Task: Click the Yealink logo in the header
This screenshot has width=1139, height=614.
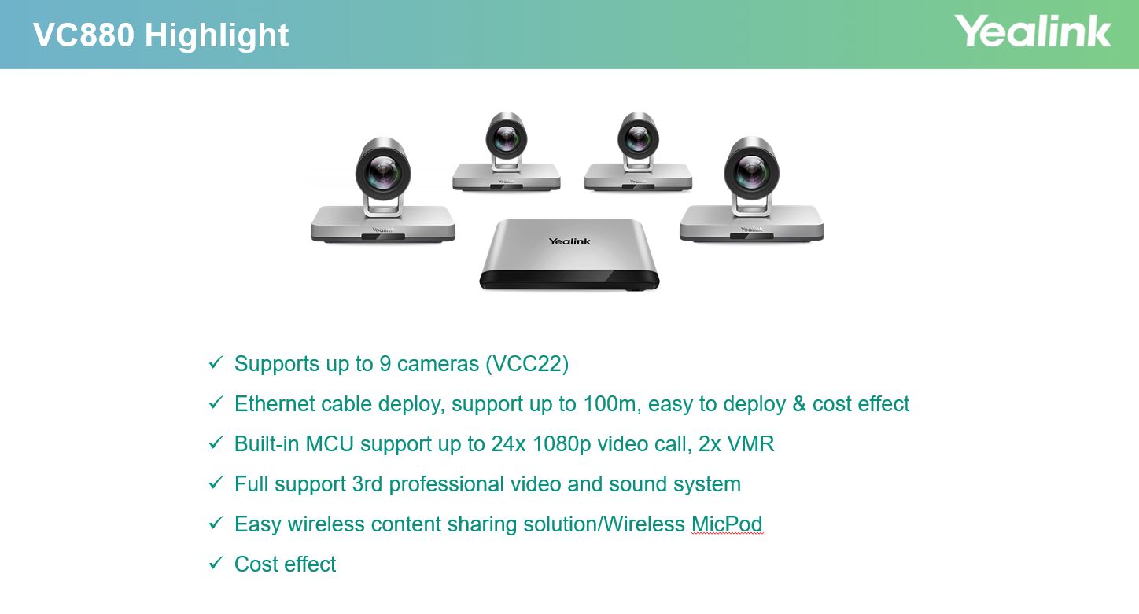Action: tap(1032, 31)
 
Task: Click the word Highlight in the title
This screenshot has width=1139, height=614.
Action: tap(216, 35)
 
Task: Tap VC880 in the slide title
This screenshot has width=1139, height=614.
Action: tap(83, 35)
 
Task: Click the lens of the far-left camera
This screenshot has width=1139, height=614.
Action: tap(383, 172)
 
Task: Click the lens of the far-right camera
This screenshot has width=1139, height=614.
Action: tap(751, 171)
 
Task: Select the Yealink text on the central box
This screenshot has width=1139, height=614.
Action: tap(569, 241)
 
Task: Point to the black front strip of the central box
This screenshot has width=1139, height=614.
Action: tap(569, 280)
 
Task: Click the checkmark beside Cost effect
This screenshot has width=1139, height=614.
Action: tap(216, 563)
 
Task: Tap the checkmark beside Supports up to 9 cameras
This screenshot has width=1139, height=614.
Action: tap(216, 362)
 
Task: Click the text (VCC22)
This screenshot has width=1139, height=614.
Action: tap(527, 364)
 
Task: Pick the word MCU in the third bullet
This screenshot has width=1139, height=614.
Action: tap(330, 443)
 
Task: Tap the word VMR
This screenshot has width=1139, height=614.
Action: tap(751, 443)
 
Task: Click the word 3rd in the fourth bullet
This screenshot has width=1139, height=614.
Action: tap(367, 483)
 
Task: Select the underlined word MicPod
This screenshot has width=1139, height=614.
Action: tap(727, 524)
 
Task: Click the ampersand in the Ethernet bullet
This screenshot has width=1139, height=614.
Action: tap(799, 404)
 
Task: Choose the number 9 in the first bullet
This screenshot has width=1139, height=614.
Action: tap(385, 364)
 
